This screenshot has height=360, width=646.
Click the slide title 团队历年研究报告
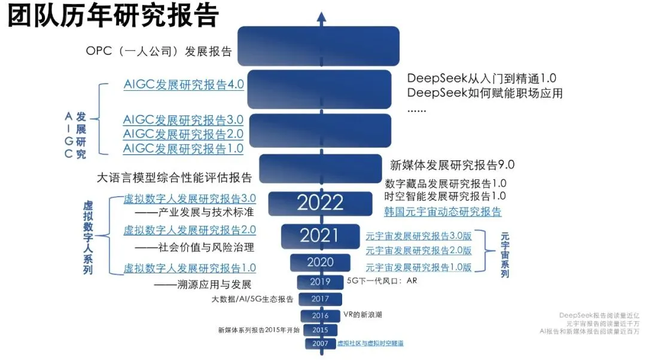tap(113, 17)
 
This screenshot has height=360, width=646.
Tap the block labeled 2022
tap(320, 203)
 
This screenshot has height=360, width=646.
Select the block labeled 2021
tap(319, 236)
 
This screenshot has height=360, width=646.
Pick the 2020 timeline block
tap(320, 262)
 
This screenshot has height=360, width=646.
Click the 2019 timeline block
tap(320, 282)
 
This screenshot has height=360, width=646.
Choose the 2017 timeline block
tap(320, 299)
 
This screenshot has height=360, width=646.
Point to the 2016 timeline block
tap(320, 315)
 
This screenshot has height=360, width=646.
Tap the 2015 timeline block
tap(320, 330)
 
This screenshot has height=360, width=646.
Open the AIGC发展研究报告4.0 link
tap(184, 84)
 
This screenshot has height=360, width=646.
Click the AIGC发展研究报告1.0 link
tap(183, 148)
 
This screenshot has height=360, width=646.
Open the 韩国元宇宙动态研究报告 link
tap(443, 211)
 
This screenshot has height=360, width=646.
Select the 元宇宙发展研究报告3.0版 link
tap(418, 235)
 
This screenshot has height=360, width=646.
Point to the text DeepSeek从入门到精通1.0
tap(482, 78)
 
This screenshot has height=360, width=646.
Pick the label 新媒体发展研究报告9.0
tap(452, 165)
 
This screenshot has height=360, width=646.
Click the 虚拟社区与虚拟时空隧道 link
tap(370, 343)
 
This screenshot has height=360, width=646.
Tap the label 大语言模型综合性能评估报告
tap(174, 178)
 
